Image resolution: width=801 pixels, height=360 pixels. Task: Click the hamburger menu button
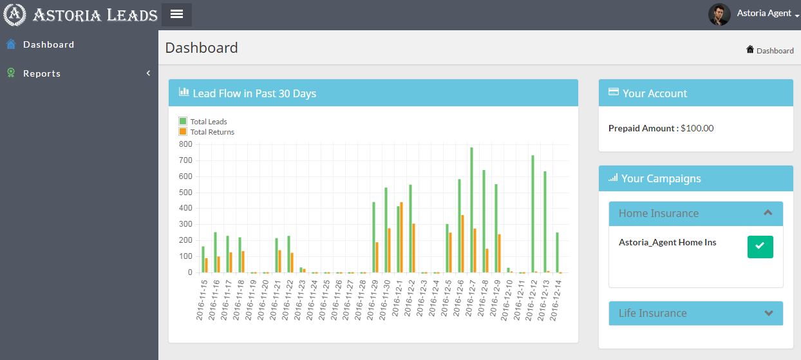click(176, 14)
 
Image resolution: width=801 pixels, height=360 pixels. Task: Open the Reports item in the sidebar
click(42, 73)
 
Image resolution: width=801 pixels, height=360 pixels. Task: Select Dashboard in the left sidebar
click(48, 44)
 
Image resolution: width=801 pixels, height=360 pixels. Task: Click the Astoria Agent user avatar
click(719, 14)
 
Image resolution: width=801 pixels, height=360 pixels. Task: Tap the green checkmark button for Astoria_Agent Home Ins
click(760, 247)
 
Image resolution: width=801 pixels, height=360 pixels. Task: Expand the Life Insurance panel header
click(695, 313)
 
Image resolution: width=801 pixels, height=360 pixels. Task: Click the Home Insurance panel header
click(695, 213)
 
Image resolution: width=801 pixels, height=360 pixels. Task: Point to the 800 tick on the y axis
click(185, 144)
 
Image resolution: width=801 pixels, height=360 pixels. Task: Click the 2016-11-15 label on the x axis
click(202, 300)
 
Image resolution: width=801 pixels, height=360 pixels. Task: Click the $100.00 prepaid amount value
click(697, 128)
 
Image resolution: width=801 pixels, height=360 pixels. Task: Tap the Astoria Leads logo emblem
click(15, 14)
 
